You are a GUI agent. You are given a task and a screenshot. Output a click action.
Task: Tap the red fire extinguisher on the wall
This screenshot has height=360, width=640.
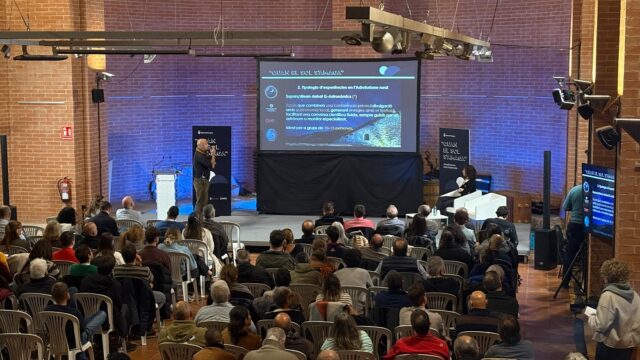pos(65,188)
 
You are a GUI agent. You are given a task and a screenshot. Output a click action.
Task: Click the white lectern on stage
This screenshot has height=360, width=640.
pos(165,194)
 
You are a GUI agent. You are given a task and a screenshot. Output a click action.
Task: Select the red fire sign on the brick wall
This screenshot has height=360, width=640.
pos(66,132)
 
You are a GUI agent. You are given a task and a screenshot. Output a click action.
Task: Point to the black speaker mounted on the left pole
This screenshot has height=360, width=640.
pos(97,95)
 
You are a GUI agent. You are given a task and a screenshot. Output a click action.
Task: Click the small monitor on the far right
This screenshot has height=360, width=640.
pos(598,200)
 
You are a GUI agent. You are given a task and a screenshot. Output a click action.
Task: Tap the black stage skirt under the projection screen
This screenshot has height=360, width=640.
pos(337,182)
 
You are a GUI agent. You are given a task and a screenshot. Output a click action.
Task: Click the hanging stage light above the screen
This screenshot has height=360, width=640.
pos(384,41)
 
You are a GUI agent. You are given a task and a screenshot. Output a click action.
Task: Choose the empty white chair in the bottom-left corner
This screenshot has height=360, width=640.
pos(20,346)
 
